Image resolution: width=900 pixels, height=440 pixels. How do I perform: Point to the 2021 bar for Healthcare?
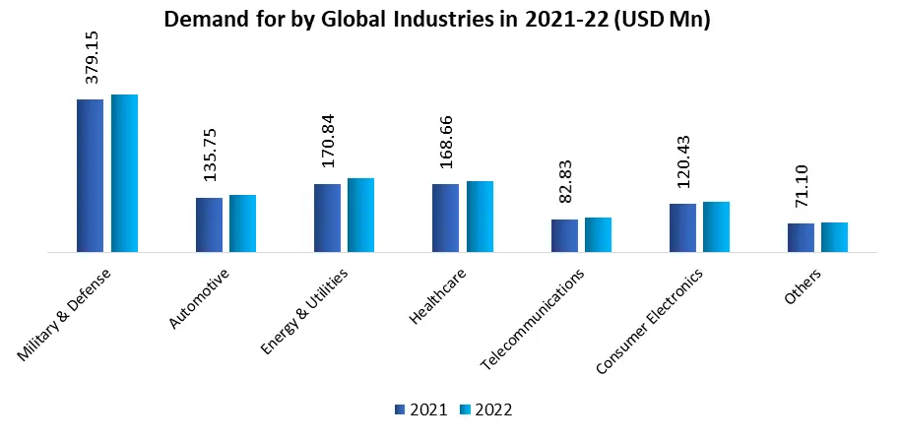(x=445, y=218)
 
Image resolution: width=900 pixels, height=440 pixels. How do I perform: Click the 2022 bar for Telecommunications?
(x=598, y=234)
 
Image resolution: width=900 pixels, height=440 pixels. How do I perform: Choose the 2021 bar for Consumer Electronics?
(x=682, y=227)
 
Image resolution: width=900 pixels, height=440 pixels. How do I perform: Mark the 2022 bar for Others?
(x=834, y=237)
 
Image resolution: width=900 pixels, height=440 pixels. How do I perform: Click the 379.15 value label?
(x=92, y=56)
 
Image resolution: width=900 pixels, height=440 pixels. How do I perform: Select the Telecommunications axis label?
(x=533, y=319)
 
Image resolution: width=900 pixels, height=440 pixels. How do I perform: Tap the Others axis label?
(x=804, y=285)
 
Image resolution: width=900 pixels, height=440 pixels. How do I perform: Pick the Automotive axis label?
(x=200, y=297)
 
